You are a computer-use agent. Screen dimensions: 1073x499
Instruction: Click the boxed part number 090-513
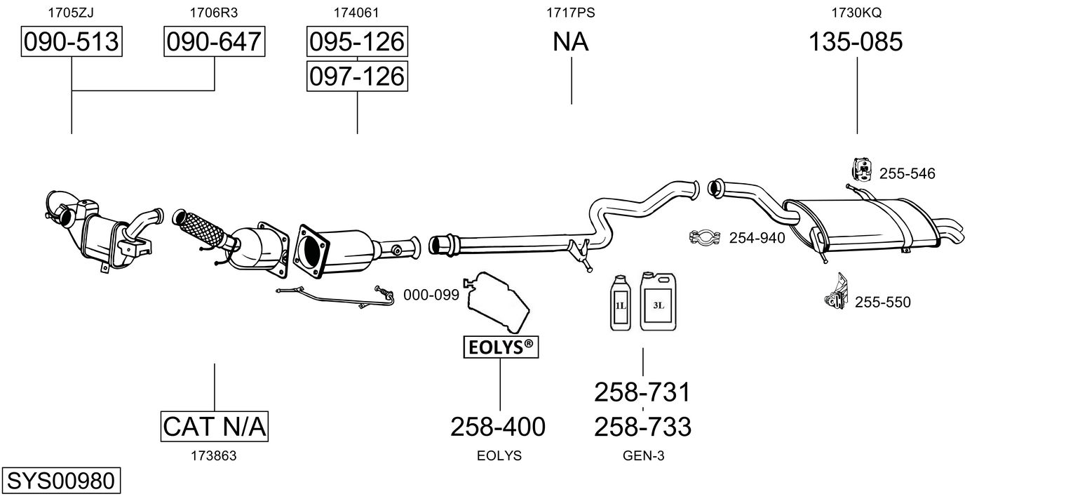tap(72, 41)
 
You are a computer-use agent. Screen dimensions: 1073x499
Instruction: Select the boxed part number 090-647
tap(214, 41)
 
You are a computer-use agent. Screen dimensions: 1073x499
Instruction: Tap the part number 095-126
tap(357, 41)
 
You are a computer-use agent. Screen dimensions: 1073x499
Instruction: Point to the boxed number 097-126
tap(357, 76)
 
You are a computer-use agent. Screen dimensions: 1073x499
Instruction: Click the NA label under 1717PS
tap(570, 41)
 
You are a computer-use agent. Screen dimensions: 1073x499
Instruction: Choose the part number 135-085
tap(856, 41)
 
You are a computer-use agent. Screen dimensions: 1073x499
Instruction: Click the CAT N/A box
tap(214, 426)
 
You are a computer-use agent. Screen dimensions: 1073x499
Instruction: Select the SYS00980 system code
tap(61, 480)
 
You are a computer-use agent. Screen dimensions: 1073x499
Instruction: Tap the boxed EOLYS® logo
tap(501, 347)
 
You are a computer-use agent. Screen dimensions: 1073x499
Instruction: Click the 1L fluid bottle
tap(621, 303)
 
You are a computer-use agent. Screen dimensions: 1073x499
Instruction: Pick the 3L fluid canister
tap(658, 302)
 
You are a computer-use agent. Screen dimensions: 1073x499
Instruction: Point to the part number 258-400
tap(498, 427)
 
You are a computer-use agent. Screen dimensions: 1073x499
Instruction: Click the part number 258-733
tap(643, 427)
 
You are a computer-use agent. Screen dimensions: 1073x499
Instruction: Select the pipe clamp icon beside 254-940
tap(705, 237)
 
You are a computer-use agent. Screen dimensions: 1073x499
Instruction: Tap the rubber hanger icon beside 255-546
tap(862, 170)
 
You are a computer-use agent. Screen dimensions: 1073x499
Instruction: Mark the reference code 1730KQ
tap(856, 13)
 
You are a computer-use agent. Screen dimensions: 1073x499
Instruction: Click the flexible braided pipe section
tap(201, 229)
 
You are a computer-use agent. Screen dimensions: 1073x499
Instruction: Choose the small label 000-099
tap(431, 295)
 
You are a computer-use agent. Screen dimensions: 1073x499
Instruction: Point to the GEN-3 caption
tap(643, 455)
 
